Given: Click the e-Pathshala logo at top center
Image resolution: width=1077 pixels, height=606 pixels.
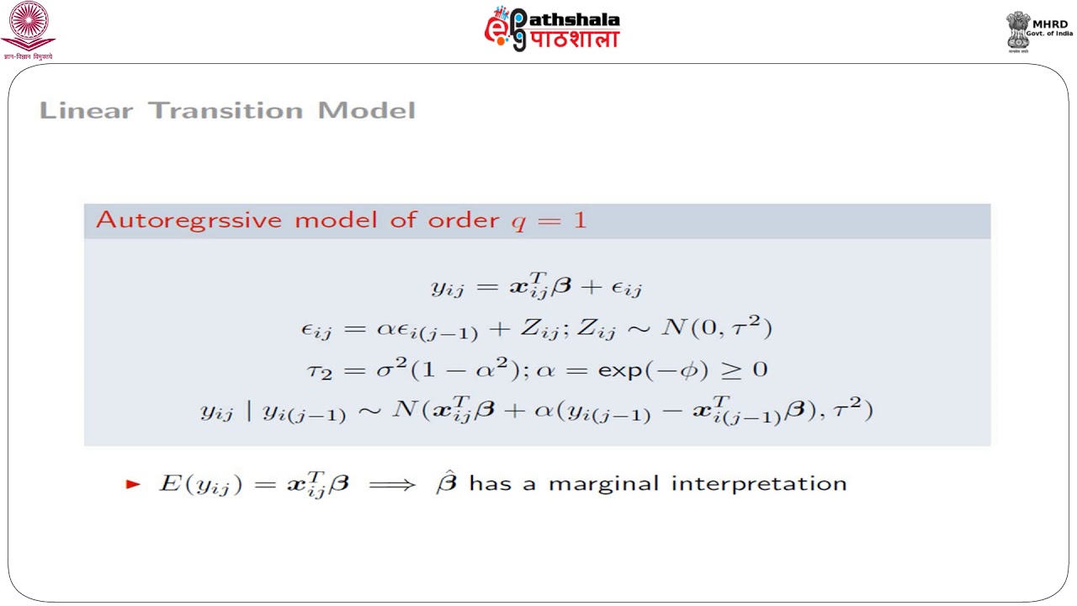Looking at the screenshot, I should pos(551,29).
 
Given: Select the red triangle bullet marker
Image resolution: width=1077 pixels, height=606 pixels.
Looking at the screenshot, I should pos(132,484).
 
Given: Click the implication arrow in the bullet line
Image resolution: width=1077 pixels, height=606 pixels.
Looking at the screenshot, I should pos(391,484).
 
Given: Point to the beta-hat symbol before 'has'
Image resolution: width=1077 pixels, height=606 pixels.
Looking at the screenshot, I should pos(446,483).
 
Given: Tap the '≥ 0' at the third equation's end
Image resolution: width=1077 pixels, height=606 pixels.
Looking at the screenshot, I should pos(745,369).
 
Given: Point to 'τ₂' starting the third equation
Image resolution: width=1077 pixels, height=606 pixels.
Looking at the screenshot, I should pos(321,371).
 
